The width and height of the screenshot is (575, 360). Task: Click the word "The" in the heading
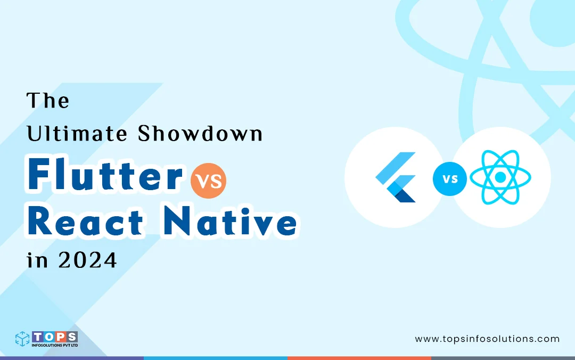click(48, 101)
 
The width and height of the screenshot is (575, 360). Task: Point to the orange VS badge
click(208, 179)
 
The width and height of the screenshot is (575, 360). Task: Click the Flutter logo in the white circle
click(396, 177)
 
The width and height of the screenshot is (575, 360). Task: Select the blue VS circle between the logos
click(449, 179)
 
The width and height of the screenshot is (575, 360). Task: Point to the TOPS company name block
click(55, 337)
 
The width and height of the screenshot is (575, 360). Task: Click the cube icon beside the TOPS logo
click(22, 339)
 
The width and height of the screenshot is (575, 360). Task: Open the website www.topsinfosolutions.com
click(487, 339)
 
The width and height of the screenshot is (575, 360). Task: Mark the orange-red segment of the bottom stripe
click(359, 358)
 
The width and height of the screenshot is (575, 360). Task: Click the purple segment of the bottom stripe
click(72, 358)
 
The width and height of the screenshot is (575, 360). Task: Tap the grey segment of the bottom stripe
click(503, 358)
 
